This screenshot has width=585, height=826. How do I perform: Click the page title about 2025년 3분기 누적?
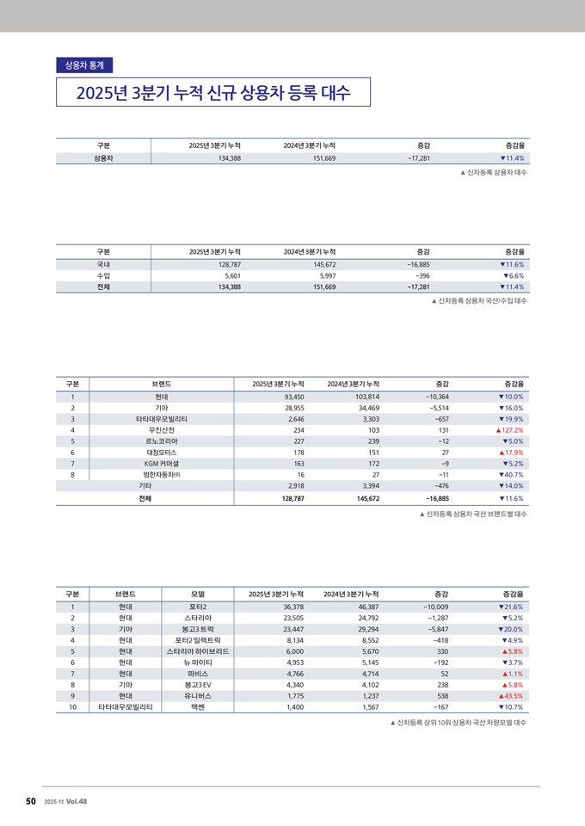tap(212, 93)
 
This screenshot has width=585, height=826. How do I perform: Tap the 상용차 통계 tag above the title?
tap(83, 65)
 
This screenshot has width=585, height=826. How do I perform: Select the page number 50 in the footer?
tap(30, 801)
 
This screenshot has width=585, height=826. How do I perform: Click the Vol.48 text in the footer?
tap(77, 802)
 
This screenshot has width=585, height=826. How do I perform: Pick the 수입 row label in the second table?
tap(103, 275)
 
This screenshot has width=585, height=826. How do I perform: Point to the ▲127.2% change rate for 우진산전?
tap(509, 429)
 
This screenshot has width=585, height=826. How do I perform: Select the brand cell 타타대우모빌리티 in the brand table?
tap(162, 419)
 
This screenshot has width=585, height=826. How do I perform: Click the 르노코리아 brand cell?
tap(162, 441)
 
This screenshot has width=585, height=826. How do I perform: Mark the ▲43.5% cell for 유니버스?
tap(511, 696)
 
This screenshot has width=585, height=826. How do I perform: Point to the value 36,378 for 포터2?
tap(288, 607)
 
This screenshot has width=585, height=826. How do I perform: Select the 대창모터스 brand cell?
tap(162, 452)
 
